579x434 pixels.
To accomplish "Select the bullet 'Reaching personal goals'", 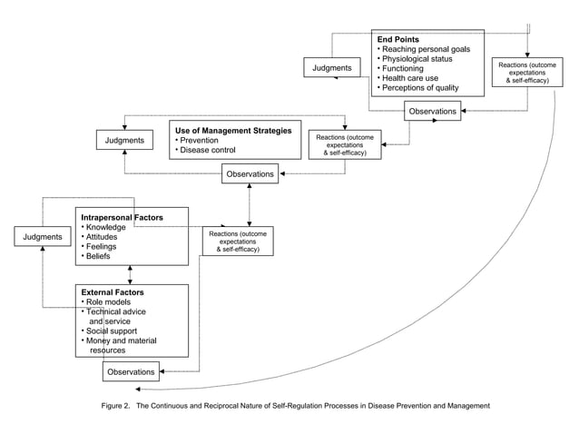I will [425, 49].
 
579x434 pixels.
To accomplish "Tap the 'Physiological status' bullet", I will [418, 59].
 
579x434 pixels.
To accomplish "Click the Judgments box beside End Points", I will [333, 68].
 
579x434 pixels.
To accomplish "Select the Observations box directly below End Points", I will [432, 111].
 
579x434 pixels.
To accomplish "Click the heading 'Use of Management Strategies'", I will [234, 131].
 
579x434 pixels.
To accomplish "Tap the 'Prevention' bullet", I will [199, 141].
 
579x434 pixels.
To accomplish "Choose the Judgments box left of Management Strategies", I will [123, 141].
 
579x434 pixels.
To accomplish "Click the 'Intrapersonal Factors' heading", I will [122, 218].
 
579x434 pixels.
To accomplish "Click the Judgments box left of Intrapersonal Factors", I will [41, 237].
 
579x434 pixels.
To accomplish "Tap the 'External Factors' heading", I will [113, 292].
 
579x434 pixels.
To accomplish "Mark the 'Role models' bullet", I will [109, 301].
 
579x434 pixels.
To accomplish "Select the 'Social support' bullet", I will [113, 330].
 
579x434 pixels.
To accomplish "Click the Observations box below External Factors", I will [131, 372].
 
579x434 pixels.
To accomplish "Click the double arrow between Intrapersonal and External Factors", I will [132, 274].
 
